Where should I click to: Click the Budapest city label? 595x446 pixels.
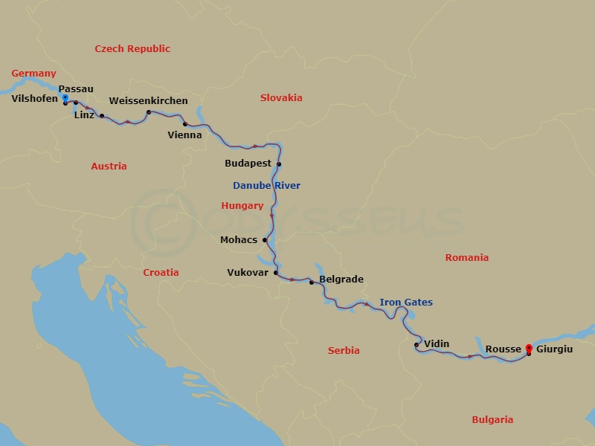click(x=248, y=163)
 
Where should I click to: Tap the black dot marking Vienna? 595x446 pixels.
click(x=185, y=124)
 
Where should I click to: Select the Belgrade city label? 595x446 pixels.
click(x=341, y=279)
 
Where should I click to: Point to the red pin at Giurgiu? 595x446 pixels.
click(x=529, y=348)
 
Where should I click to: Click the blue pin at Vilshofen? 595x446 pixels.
click(x=65, y=98)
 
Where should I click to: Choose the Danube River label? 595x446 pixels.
click(x=266, y=185)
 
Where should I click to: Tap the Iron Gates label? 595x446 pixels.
click(x=405, y=303)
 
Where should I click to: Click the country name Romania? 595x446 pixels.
click(x=466, y=258)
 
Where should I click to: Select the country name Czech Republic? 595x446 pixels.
click(x=132, y=49)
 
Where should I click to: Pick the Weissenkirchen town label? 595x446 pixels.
click(x=148, y=100)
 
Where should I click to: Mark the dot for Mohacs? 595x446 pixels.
click(x=265, y=240)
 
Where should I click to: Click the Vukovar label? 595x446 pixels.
click(x=248, y=273)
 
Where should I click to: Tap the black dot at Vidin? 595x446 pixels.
click(x=416, y=345)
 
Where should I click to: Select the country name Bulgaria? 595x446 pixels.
click(x=492, y=420)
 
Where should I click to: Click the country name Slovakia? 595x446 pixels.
click(x=281, y=97)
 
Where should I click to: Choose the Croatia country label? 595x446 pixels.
click(x=161, y=273)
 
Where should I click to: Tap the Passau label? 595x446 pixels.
click(x=76, y=88)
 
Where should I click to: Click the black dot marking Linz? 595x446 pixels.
click(x=102, y=116)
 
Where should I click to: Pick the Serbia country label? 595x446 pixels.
click(x=344, y=351)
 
